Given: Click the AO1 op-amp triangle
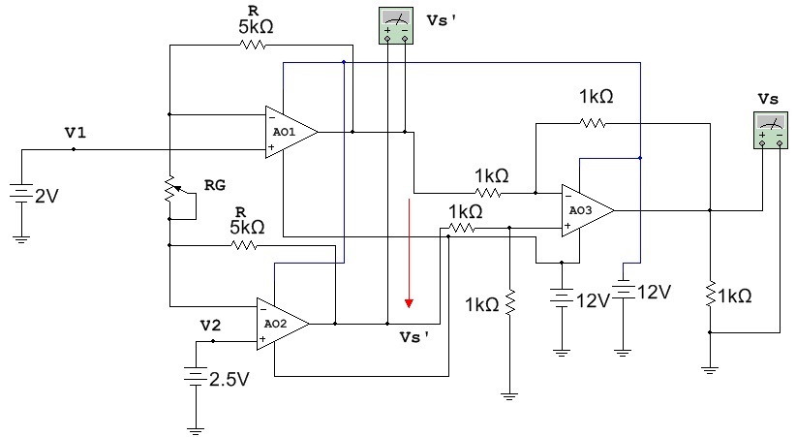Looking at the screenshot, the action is (x=291, y=132).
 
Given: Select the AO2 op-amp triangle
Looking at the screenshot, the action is (x=282, y=324).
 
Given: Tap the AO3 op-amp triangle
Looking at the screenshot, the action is (x=587, y=210).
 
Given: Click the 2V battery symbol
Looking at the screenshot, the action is (x=21, y=193).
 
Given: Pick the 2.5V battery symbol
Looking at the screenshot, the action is (x=196, y=376).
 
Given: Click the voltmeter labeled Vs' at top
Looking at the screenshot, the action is (x=396, y=25).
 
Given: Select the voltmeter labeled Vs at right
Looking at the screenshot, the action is (x=771, y=130).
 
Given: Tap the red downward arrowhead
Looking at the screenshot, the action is (x=409, y=303).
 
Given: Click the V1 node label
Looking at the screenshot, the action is (x=76, y=133).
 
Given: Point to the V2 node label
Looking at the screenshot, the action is (x=211, y=326).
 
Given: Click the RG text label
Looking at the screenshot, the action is (x=215, y=185).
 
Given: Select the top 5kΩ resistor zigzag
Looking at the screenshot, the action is (x=253, y=46).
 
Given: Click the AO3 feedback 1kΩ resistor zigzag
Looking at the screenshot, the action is (x=593, y=123).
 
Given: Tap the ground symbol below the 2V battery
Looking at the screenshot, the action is (x=21, y=239).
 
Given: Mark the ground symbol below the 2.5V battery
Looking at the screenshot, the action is (x=196, y=431).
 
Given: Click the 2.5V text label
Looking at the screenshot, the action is (x=230, y=379).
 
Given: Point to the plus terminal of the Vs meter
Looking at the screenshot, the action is (x=762, y=143).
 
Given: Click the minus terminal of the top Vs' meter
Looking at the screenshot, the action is (x=405, y=39).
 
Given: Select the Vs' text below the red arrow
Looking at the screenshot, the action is (x=414, y=337).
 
